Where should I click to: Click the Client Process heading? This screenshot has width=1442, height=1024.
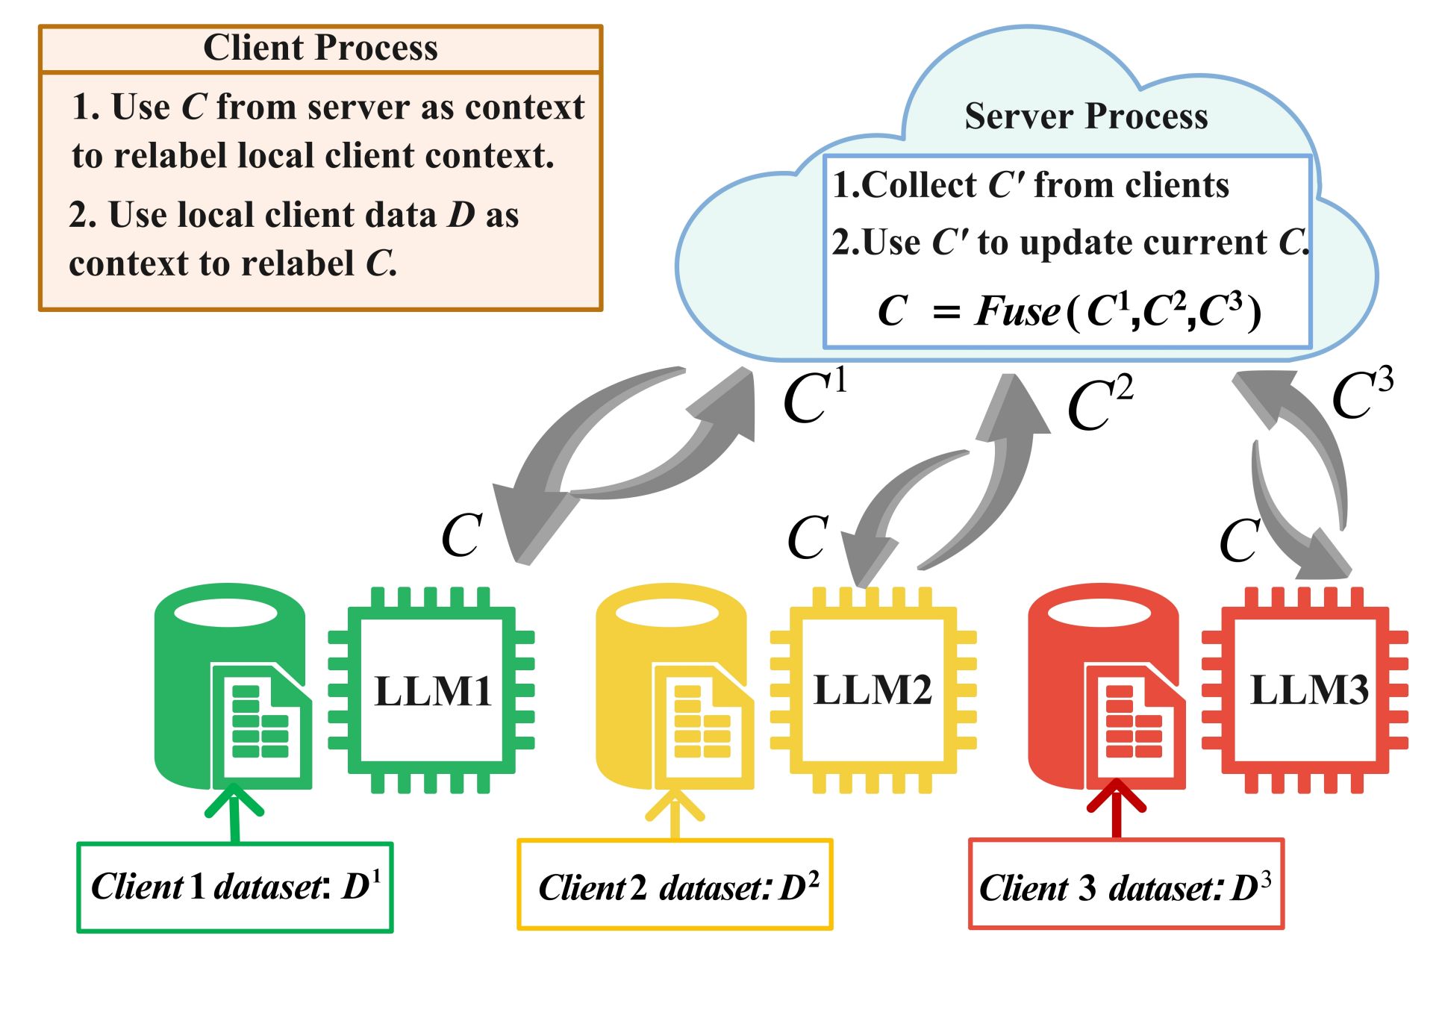[320, 49]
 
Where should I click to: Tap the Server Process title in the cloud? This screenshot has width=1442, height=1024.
[1086, 116]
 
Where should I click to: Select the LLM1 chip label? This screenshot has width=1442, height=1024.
[433, 690]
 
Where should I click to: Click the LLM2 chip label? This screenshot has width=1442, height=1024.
[873, 689]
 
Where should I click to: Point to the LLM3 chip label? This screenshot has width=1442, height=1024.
[1309, 689]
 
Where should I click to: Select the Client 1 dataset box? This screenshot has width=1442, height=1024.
[235, 887]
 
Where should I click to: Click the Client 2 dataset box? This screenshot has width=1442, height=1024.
[675, 885]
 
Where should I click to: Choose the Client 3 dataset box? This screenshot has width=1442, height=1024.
[1126, 885]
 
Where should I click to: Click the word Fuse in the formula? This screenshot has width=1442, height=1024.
[1017, 311]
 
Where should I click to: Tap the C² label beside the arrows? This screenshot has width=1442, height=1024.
[1099, 404]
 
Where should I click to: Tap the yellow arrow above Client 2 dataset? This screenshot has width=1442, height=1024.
[675, 814]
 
